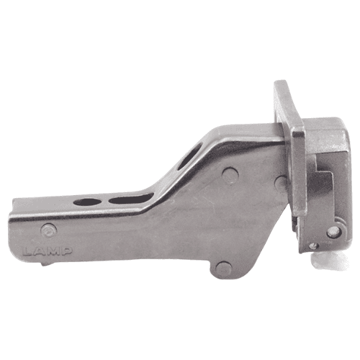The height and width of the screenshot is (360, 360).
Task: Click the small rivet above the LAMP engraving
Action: pos(49,230)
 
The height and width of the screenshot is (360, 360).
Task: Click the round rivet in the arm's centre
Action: pos(230,175)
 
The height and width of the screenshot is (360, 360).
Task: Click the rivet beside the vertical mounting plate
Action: pos(280,184)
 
